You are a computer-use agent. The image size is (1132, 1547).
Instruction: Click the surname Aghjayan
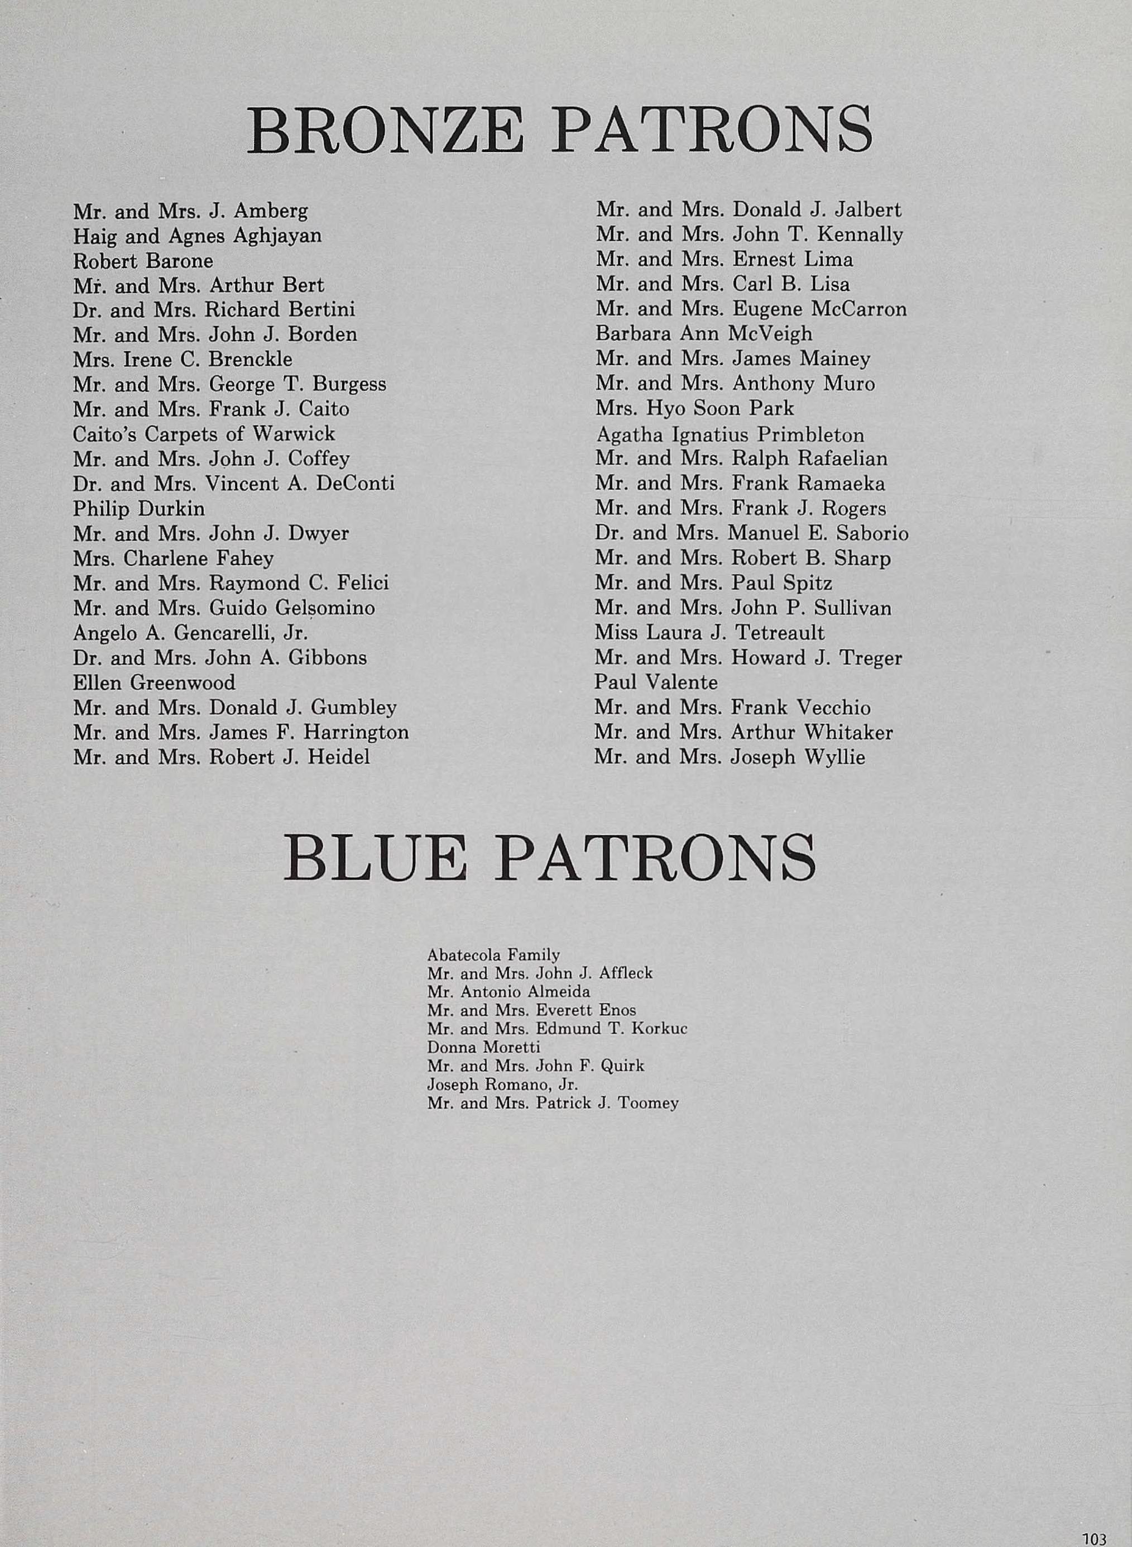[277, 236]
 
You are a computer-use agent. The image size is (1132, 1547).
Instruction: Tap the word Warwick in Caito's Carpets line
[294, 434]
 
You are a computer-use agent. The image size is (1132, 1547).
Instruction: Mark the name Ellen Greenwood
[154, 682]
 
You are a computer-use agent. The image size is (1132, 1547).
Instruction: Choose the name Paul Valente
[656, 682]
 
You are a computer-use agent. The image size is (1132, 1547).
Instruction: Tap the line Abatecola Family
[493, 955]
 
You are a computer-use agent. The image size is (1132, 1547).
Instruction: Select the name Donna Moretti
[483, 1047]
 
